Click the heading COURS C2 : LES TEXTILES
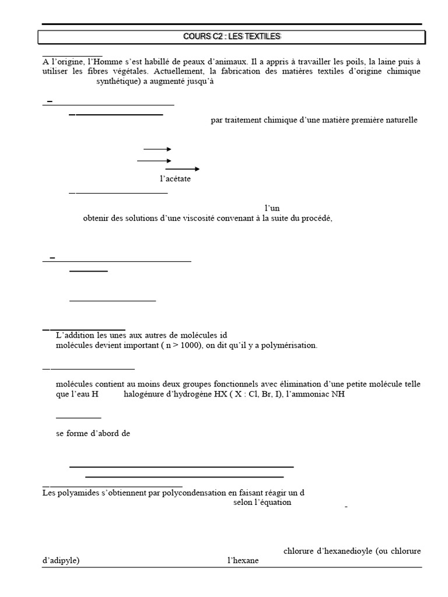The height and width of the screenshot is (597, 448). click(x=232, y=37)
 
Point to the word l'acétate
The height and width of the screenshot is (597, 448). click(x=175, y=179)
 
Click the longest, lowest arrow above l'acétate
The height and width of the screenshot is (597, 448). click(x=183, y=169)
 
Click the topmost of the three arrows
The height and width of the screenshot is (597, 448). click(x=157, y=149)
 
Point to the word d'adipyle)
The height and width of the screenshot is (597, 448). click(x=61, y=561)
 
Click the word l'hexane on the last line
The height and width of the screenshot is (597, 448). click(x=243, y=561)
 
